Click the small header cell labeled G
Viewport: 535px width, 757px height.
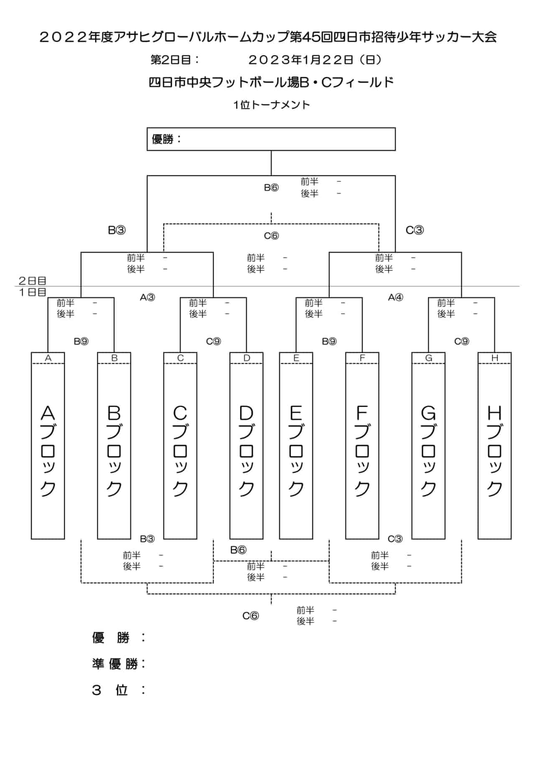click(x=428, y=358)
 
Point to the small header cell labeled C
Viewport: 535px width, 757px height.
click(x=180, y=358)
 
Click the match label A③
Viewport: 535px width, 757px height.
click(x=148, y=297)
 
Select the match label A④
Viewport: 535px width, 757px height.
click(x=395, y=297)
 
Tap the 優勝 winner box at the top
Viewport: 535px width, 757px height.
click(x=271, y=139)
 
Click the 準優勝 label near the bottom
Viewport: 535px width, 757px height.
click(x=119, y=663)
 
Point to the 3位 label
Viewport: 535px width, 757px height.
click(x=119, y=690)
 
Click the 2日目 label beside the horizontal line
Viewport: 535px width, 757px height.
click(x=32, y=280)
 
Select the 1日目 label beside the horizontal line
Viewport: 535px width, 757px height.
click(x=32, y=292)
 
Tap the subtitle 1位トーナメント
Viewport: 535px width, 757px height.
click(x=272, y=105)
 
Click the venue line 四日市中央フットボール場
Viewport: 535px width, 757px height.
click(x=224, y=82)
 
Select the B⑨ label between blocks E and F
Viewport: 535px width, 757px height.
click(x=329, y=341)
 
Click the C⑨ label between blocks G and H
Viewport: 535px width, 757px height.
click(x=461, y=341)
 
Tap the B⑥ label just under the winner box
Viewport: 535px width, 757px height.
click(x=271, y=187)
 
